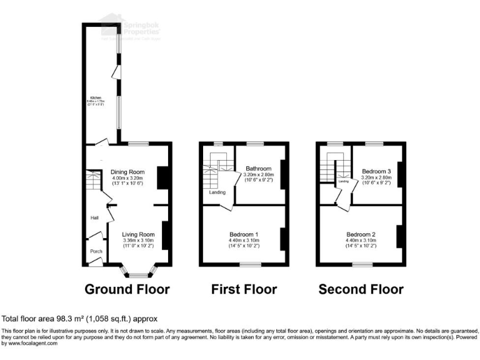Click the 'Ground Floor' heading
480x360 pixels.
(x=127, y=289)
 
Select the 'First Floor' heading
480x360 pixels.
(x=244, y=289)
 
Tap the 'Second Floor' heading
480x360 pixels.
(x=361, y=289)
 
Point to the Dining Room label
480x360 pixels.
(x=127, y=172)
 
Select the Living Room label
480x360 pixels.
(x=137, y=234)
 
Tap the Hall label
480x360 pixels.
(x=94, y=217)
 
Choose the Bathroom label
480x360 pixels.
(x=258, y=169)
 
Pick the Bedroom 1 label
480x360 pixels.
(x=244, y=234)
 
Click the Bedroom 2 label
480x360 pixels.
(x=361, y=234)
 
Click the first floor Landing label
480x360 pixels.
(x=217, y=192)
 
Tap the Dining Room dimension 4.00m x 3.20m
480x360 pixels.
(x=127, y=178)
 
